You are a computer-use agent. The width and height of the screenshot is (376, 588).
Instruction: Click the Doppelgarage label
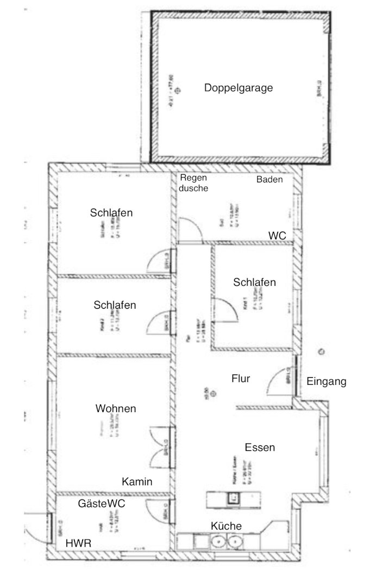(239, 88)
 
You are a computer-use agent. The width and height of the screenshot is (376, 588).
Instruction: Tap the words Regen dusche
(194, 183)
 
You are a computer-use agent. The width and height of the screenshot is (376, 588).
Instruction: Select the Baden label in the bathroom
(270, 179)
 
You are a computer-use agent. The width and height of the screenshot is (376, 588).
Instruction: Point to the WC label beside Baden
(277, 235)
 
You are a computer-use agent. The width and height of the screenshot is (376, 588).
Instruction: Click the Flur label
(240, 378)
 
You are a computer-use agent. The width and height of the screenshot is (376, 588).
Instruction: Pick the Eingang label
(326, 382)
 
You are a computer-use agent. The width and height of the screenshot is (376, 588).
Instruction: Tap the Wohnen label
(116, 408)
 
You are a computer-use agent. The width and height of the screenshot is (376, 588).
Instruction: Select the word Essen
(260, 448)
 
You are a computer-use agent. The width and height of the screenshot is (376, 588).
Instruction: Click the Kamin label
(137, 482)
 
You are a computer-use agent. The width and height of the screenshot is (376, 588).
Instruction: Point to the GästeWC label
(102, 504)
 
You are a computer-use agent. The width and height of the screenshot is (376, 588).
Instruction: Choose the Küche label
(226, 526)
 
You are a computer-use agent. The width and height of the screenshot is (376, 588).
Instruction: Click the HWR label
(78, 543)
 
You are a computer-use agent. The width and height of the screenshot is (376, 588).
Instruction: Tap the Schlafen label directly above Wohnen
(115, 304)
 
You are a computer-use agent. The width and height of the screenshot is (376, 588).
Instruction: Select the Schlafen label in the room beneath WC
(254, 282)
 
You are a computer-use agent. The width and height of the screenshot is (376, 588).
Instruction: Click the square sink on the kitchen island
(234, 497)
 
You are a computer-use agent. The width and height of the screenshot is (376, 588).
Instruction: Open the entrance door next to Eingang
(283, 380)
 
